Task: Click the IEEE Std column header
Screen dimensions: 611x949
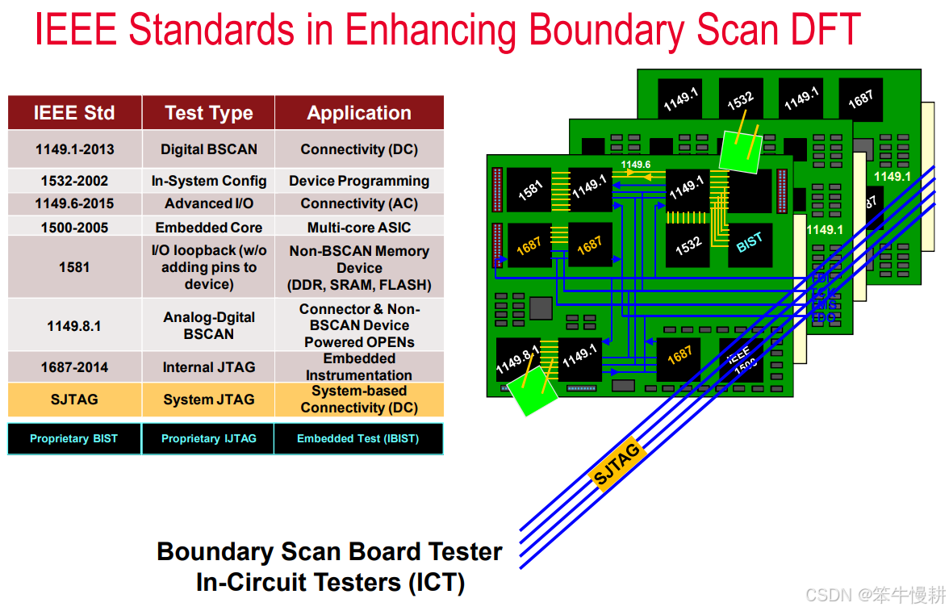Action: [x=74, y=113]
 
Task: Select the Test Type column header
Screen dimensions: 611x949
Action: [x=208, y=113]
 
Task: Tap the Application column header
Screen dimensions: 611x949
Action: [x=359, y=113]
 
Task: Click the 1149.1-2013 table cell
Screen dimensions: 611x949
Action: [x=74, y=149]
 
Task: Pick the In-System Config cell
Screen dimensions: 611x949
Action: [x=208, y=181]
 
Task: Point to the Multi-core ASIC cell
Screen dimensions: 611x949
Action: [x=359, y=228]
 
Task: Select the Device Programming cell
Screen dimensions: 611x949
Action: [x=359, y=181]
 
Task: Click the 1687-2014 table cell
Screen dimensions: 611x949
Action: [x=74, y=367]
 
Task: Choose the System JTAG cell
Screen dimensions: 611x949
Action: [x=208, y=400]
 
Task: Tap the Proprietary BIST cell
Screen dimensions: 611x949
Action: [x=73, y=439]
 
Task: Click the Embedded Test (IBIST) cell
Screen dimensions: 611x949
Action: [x=358, y=439]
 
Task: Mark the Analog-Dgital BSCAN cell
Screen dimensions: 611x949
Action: [x=208, y=325]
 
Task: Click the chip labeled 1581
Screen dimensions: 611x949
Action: [x=529, y=190]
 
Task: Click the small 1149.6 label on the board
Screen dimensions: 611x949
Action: [x=636, y=165]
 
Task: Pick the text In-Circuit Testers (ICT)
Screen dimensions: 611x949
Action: [x=330, y=582]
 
